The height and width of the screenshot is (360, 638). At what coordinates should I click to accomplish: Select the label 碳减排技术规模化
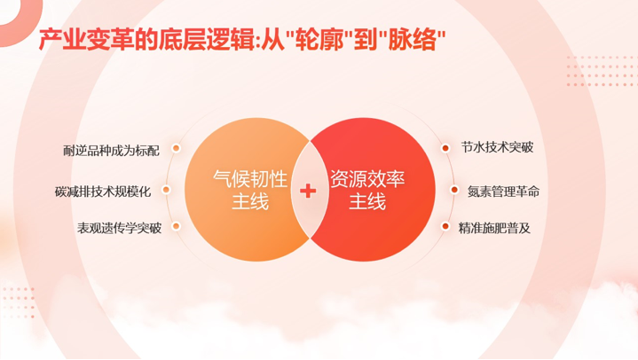point(103,191)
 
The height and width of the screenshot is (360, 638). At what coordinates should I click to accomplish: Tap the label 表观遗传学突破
point(119,228)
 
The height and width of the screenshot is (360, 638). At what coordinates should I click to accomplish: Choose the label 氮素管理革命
point(503,191)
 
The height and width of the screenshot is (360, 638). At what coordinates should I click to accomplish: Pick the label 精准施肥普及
point(494,228)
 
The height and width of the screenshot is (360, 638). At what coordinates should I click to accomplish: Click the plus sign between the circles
point(308,190)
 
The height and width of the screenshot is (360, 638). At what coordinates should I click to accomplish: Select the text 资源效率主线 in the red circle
point(366,190)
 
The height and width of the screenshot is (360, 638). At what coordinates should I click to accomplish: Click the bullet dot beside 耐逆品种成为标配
point(176,149)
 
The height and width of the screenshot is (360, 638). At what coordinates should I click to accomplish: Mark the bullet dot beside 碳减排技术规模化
point(167,190)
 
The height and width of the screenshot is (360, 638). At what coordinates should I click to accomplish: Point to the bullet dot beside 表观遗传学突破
point(176,227)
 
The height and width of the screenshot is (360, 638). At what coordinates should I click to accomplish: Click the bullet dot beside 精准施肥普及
point(445,227)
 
